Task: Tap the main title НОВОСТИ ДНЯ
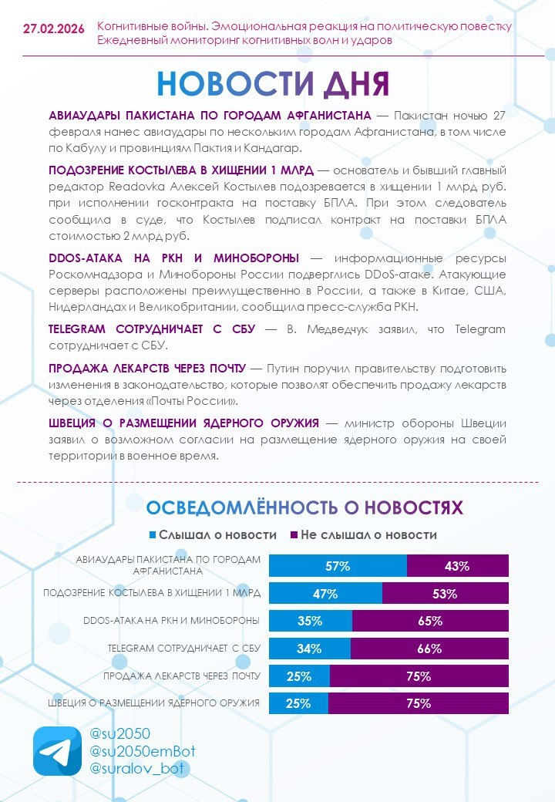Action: point(273,84)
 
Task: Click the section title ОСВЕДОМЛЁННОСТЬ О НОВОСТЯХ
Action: point(304,507)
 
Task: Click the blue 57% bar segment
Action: point(338,566)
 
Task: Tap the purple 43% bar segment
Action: point(457,566)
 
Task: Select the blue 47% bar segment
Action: point(325,594)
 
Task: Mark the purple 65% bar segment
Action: point(430,621)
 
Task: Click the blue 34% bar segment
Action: point(309,649)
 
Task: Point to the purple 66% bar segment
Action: point(429,649)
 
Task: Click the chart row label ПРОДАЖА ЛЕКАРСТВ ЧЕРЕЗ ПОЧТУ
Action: point(182,676)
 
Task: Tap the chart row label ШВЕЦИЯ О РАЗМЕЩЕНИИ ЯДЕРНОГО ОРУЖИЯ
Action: point(154,703)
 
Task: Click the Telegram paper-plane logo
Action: point(57,751)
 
